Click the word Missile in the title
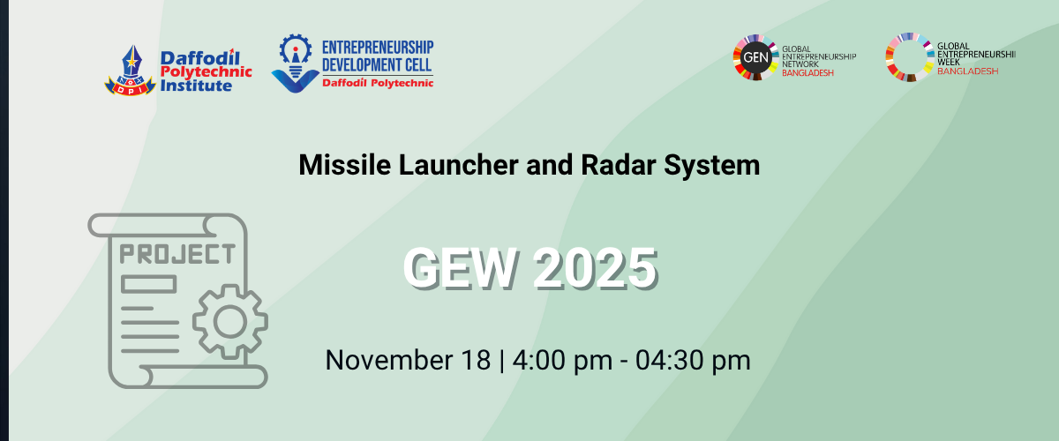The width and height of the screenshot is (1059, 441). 345,165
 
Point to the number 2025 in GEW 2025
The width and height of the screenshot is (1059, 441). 595,268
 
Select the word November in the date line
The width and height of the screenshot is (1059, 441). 389,360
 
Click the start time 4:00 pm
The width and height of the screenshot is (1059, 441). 563,360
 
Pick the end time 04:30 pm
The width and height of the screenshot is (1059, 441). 693,360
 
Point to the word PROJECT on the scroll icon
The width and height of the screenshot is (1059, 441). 177,254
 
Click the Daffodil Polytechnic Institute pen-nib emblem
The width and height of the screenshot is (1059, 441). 131,71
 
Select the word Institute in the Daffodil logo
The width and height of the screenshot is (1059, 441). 196,86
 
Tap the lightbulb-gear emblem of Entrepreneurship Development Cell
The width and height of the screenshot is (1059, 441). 296,64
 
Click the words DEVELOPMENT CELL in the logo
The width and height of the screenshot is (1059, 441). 377,64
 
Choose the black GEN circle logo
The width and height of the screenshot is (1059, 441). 755,57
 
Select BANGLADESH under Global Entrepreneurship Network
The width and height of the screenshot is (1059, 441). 807,73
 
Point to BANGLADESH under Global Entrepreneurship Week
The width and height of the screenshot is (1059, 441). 967,71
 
